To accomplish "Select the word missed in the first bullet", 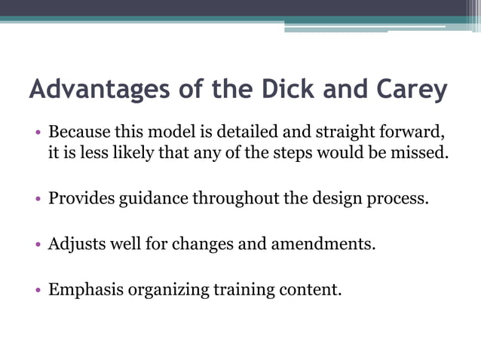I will pyautogui.click(x=423, y=154).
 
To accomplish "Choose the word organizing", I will pyautogui.click(x=161, y=289).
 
